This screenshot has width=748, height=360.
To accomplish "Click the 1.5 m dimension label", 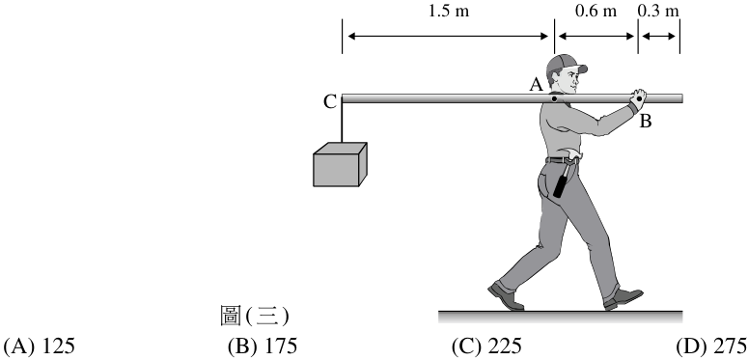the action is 449,11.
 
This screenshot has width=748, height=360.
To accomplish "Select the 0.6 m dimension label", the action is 596,11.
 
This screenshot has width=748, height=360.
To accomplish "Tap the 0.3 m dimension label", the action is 658,11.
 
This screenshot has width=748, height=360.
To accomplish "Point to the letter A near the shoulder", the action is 537,85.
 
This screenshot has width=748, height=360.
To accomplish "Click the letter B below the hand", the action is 645,122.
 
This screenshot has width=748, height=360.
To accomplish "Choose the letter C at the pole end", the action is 329,102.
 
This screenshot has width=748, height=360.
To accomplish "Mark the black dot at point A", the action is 554,99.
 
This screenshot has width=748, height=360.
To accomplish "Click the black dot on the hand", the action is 639,98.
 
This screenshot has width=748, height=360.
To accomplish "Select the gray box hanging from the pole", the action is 340,164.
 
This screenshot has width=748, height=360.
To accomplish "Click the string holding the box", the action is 342,123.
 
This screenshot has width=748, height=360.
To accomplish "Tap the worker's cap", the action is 566,64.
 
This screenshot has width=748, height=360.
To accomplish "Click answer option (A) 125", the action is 40,346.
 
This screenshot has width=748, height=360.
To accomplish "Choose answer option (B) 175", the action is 263,346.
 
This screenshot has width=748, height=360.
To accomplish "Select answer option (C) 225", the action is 486,346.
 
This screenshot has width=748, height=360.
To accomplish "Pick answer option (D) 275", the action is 711,346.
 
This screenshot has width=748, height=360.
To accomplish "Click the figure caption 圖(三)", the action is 254,316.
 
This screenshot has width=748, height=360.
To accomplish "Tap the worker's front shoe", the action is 623,298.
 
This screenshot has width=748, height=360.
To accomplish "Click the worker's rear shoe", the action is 506,295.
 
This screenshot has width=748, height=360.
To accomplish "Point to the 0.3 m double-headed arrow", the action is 659,36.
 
